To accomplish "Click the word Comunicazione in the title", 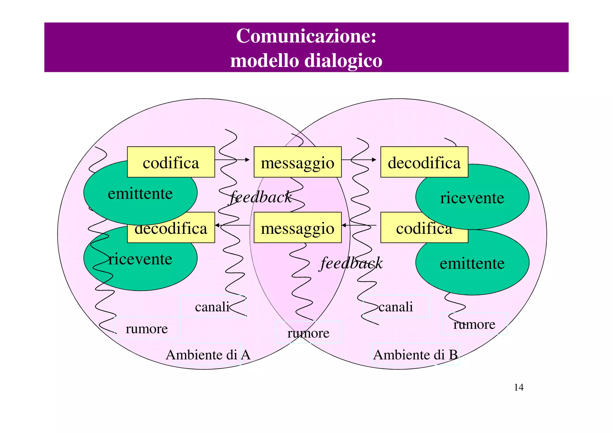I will click(306, 36).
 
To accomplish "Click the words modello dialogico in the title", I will click(306, 61).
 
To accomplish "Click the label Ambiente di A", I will click(208, 355).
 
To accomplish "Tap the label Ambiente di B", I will click(415, 355).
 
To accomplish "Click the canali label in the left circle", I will click(212, 307).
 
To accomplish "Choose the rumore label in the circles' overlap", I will click(308, 333).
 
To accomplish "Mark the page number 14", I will click(519, 388).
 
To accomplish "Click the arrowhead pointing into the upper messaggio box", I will click(248, 160).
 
